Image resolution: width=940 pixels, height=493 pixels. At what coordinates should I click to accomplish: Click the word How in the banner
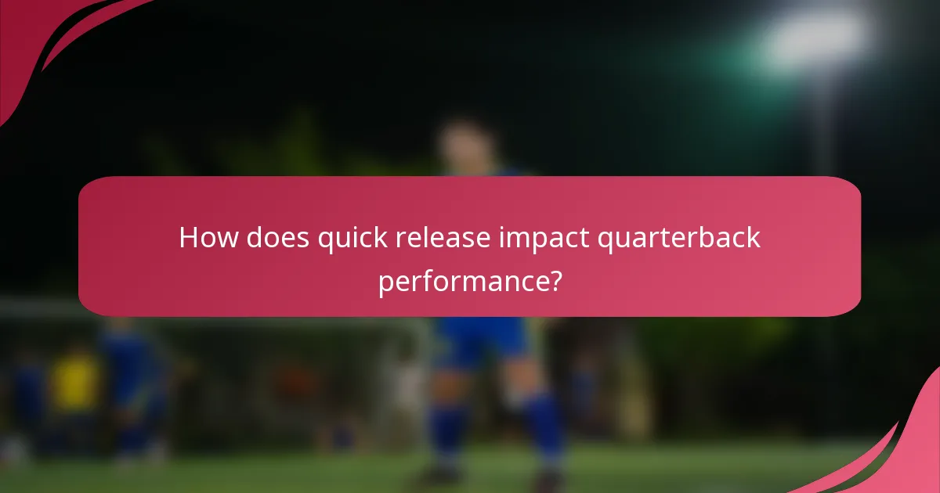pyautogui.click(x=208, y=237)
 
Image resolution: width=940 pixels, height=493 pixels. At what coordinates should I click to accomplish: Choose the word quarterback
pyautogui.click(x=678, y=238)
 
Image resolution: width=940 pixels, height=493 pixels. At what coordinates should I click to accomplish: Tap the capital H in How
pyautogui.click(x=189, y=237)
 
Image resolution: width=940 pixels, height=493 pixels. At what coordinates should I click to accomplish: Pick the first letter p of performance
pyautogui.click(x=385, y=282)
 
